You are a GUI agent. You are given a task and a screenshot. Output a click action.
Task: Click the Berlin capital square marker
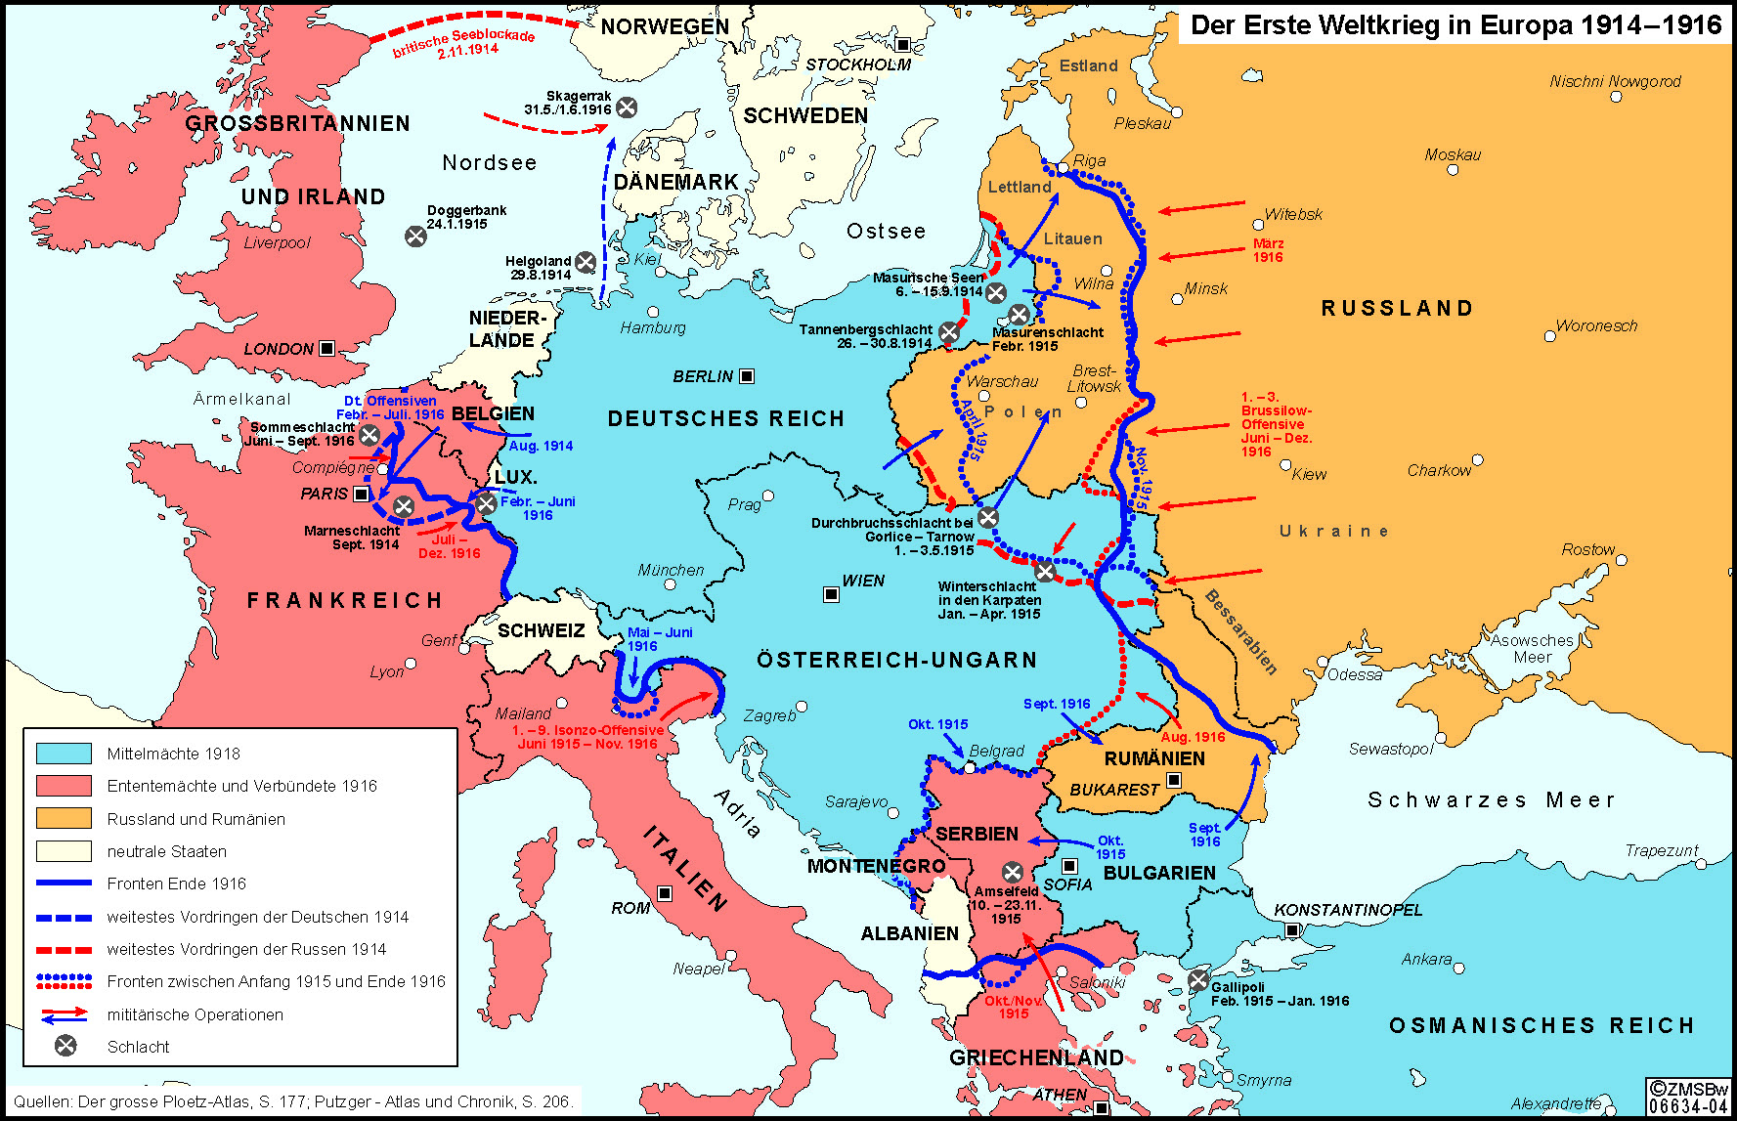(x=747, y=376)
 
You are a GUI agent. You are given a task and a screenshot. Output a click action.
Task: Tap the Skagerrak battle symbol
(x=628, y=108)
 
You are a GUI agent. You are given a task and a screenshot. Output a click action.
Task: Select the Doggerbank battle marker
(x=415, y=236)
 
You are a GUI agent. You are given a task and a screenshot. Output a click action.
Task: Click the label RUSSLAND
(x=1397, y=309)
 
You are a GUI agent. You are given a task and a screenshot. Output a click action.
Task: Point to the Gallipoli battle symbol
(x=1198, y=980)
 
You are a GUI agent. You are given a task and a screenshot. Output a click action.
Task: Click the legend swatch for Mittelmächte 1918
(x=64, y=754)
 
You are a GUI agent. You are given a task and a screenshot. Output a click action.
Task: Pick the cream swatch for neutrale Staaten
(x=64, y=851)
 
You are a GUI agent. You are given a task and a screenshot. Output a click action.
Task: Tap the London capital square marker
(x=327, y=348)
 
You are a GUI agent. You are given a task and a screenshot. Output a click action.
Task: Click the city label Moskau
(x=1452, y=154)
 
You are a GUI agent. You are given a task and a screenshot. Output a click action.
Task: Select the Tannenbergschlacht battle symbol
(x=948, y=332)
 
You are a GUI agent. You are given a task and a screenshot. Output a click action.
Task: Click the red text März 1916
(x=1268, y=250)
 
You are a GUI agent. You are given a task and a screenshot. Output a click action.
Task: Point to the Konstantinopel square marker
(x=1292, y=930)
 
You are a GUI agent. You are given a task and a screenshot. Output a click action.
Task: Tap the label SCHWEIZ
(x=541, y=630)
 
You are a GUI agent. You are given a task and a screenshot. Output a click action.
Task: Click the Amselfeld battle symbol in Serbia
(x=1013, y=872)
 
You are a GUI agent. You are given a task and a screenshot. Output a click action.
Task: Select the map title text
(x=1455, y=25)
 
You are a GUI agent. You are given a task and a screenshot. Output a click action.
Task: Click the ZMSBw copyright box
(x=1687, y=1097)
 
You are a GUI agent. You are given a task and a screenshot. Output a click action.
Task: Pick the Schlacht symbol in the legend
(x=65, y=1046)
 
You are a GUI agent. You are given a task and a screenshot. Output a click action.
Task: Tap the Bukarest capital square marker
(x=1174, y=780)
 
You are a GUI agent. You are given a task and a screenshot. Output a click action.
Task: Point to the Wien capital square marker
(x=831, y=594)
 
